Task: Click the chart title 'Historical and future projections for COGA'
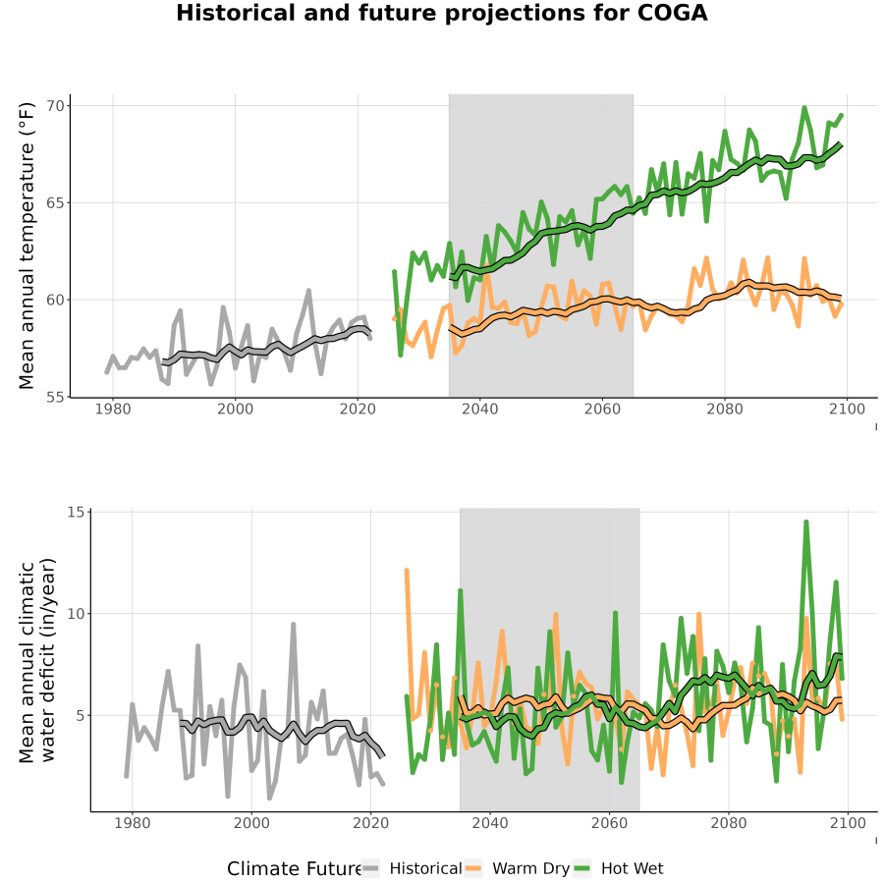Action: pyautogui.click(x=441, y=13)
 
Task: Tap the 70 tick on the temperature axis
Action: pyautogui.click(x=59, y=106)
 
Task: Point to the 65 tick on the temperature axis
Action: pyautogui.click(x=59, y=203)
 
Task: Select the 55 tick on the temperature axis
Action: pyautogui.click(x=59, y=397)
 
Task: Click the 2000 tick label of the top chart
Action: pyautogui.click(x=235, y=409)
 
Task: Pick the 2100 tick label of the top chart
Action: pyautogui.click(x=847, y=409)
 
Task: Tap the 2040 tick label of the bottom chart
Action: pyautogui.click(x=490, y=823)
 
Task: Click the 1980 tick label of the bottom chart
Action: pyautogui.click(x=133, y=823)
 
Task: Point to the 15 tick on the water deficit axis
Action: pyautogui.click(x=76, y=512)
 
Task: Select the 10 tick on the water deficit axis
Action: pyautogui.click(x=76, y=613)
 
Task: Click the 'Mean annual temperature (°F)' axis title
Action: pyautogui.click(x=27, y=246)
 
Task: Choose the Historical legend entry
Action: pyautogui.click(x=412, y=868)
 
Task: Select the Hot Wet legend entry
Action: pyautogui.click(x=619, y=868)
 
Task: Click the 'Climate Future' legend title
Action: pyautogui.click(x=294, y=868)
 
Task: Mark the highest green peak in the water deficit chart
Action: pyautogui.click(x=806, y=523)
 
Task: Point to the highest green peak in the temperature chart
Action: pyautogui.click(x=804, y=108)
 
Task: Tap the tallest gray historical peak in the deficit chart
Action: pyautogui.click(x=293, y=624)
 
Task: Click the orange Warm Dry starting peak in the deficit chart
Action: pyautogui.click(x=407, y=571)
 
